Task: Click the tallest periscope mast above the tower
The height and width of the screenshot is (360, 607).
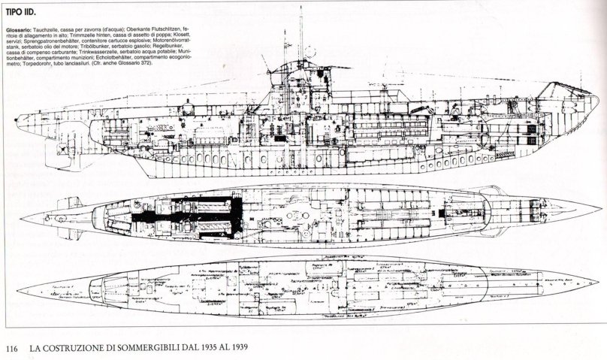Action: [x=300, y=34]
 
